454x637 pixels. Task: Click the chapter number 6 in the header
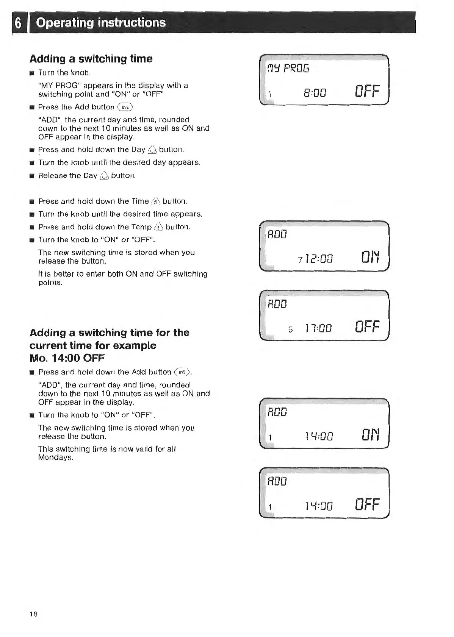[18, 23]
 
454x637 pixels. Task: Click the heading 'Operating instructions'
[101, 23]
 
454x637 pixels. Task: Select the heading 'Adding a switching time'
[91, 59]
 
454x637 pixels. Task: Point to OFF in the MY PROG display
[366, 92]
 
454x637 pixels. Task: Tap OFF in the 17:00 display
[366, 326]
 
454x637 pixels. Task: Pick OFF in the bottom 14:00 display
[366, 504]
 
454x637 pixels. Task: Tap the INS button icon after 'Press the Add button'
[125, 108]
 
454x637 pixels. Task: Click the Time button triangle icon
[156, 201]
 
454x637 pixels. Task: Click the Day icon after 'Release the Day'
[105, 176]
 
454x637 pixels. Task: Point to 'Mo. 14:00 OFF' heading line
[67, 358]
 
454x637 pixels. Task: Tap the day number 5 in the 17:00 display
[290, 329]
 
